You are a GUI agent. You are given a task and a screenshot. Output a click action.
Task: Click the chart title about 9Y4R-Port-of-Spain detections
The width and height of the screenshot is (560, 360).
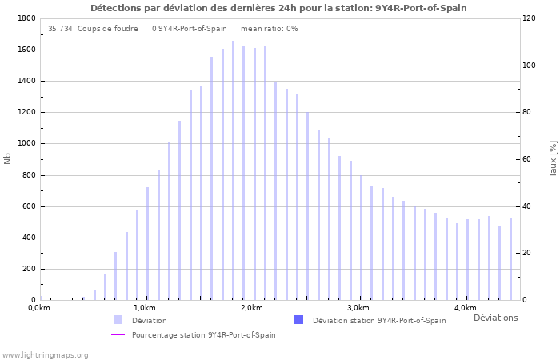pos(278,8)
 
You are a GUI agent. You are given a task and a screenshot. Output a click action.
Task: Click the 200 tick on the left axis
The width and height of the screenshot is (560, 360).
pos(28,270)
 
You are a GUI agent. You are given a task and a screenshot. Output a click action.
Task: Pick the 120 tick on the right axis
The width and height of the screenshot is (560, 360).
pos(530,18)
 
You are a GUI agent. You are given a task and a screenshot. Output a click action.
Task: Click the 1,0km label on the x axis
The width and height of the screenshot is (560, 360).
pos(145,308)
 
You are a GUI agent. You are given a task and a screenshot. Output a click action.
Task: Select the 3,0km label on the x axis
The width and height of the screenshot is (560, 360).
pos(358,308)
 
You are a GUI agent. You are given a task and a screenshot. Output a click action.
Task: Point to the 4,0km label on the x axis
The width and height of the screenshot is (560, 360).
pos(466,308)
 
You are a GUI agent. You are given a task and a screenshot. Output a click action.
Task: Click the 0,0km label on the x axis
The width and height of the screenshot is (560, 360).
pos(38,308)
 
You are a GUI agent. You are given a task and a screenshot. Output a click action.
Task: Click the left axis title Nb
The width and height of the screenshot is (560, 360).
pos(8,158)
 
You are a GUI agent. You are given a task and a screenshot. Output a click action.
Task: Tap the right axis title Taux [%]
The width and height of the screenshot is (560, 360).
pos(553,158)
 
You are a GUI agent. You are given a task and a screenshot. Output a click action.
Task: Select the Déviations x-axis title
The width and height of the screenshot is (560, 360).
pos(495,318)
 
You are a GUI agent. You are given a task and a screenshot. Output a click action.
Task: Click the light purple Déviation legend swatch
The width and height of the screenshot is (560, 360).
pos(118,320)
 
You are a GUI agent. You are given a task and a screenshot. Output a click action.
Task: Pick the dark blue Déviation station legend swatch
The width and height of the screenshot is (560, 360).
pos(298,320)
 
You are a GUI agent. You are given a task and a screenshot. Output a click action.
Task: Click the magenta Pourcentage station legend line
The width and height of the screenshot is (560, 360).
pos(118,334)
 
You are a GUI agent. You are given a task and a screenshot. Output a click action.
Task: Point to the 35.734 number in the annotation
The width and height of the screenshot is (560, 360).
pos(60,29)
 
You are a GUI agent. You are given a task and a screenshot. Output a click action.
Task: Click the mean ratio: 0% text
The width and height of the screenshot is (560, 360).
pos(269,29)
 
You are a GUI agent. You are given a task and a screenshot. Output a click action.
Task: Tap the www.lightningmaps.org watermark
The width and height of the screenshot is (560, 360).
pos(45,355)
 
